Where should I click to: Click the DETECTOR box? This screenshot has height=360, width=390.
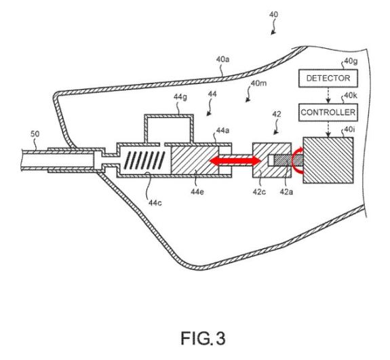[x=328, y=78]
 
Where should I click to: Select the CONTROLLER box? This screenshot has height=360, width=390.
[x=328, y=113]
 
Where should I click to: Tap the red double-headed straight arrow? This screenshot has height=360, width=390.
[x=235, y=161]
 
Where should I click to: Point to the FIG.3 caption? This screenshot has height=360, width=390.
[x=203, y=338]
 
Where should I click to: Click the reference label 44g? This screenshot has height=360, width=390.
[x=180, y=97]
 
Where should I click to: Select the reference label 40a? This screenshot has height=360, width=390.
[x=223, y=60]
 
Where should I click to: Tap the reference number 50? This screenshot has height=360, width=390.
[x=35, y=134]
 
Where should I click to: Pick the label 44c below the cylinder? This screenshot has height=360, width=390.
[x=155, y=203]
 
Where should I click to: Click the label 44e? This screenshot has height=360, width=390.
[x=197, y=192]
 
